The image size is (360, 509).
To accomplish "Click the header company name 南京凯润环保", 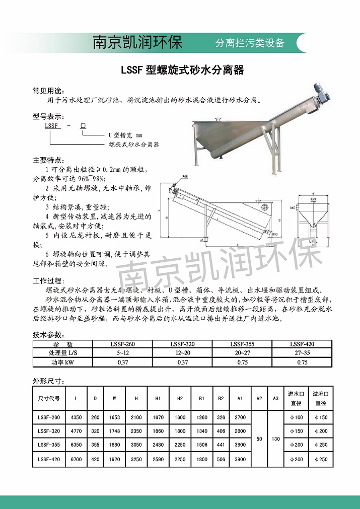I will tap(137, 42).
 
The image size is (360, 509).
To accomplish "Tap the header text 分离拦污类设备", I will tap(250, 43).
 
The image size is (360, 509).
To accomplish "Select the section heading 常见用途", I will tap(49, 91).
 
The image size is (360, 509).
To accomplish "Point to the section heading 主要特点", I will tap(49, 161).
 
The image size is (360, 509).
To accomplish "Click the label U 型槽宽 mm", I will tap(126, 135).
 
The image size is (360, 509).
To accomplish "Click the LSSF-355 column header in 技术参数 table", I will tap(242, 344).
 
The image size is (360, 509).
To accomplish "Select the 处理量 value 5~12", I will tap(122, 353).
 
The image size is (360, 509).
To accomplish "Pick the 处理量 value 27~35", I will tap(302, 353).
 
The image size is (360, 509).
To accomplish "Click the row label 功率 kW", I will tap(63, 362).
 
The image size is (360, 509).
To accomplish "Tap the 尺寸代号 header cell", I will tap(49, 398).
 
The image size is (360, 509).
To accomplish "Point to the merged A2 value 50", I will tap(259, 438).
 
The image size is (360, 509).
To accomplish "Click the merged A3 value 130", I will tap(275, 438).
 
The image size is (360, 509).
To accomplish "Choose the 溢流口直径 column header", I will tap(321, 398).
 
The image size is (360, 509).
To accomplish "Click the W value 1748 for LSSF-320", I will tap(114, 431).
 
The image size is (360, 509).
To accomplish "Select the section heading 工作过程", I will tap(49, 280).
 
